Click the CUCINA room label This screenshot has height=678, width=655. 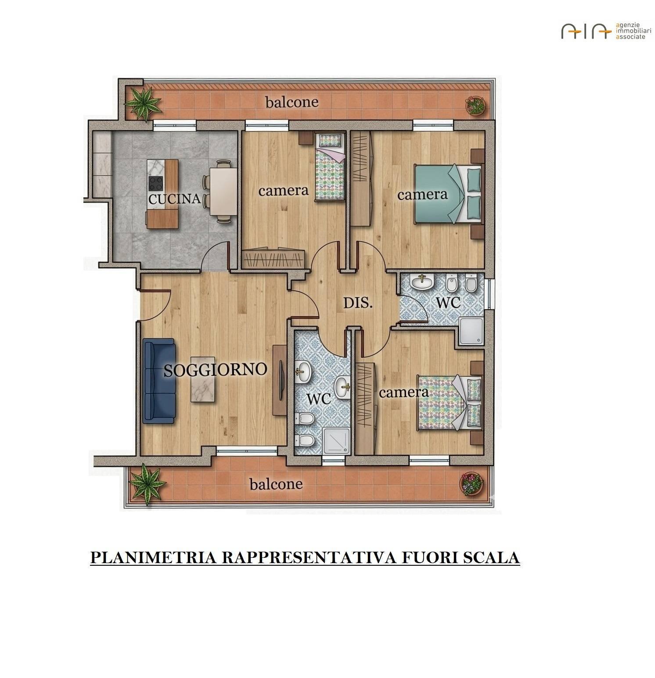click(x=174, y=199)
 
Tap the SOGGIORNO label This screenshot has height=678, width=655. click(x=215, y=370)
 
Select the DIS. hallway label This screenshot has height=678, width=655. click(x=357, y=303)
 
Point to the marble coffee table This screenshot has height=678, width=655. click(x=203, y=379)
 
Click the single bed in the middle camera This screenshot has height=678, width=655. click(x=330, y=168)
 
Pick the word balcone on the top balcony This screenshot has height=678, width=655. click(x=292, y=102)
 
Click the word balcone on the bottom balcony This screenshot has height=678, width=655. click(x=276, y=484)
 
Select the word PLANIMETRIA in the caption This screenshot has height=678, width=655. click(x=153, y=557)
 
